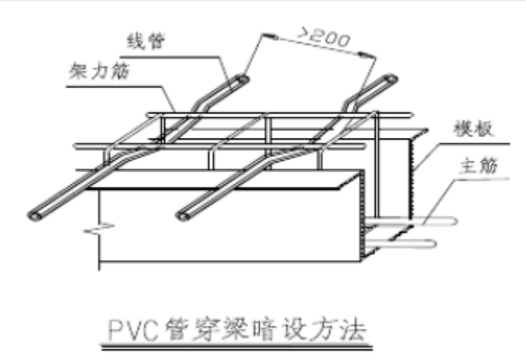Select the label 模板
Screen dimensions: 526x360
pyautogui.click(x=466, y=130)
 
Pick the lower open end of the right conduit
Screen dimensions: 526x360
pyautogui.click(x=183, y=217)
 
